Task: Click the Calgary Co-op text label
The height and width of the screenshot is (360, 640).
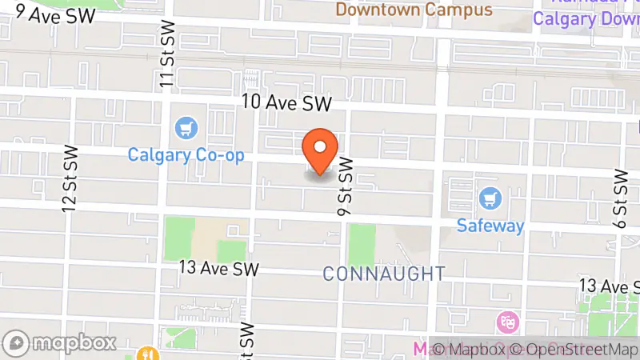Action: (186, 154)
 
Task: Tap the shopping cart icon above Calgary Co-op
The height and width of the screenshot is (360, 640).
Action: (186, 128)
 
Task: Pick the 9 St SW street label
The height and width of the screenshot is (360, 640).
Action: (345, 186)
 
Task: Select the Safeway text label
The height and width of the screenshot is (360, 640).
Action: (490, 226)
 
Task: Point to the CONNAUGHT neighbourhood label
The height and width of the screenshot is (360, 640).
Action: (384, 274)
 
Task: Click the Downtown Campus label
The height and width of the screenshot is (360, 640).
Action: (414, 10)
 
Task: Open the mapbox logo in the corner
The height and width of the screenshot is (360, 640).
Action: (60, 342)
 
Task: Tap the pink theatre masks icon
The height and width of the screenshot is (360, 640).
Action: (506, 322)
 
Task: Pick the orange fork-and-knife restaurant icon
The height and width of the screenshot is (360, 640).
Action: (148, 353)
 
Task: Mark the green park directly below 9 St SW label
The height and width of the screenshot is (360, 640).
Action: (362, 244)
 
